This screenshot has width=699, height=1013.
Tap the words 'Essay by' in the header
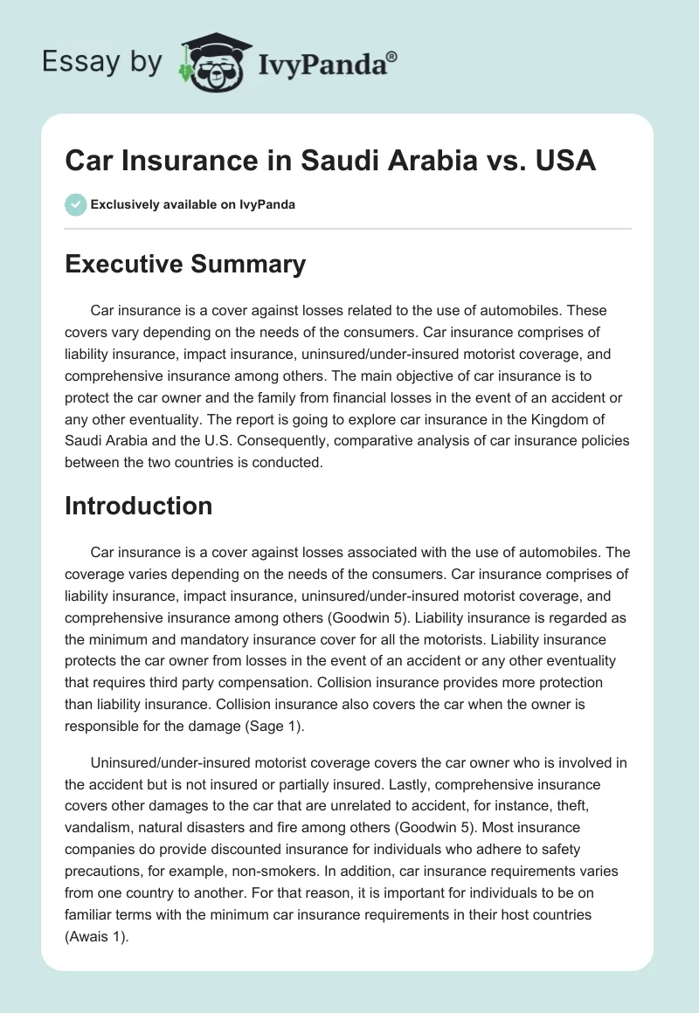[101, 62]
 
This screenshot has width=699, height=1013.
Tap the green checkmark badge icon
[75, 204]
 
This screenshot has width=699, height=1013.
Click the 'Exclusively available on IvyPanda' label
[193, 204]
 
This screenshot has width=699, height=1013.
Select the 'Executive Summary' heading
[185, 265]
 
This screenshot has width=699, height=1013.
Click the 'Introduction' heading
[138, 506]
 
